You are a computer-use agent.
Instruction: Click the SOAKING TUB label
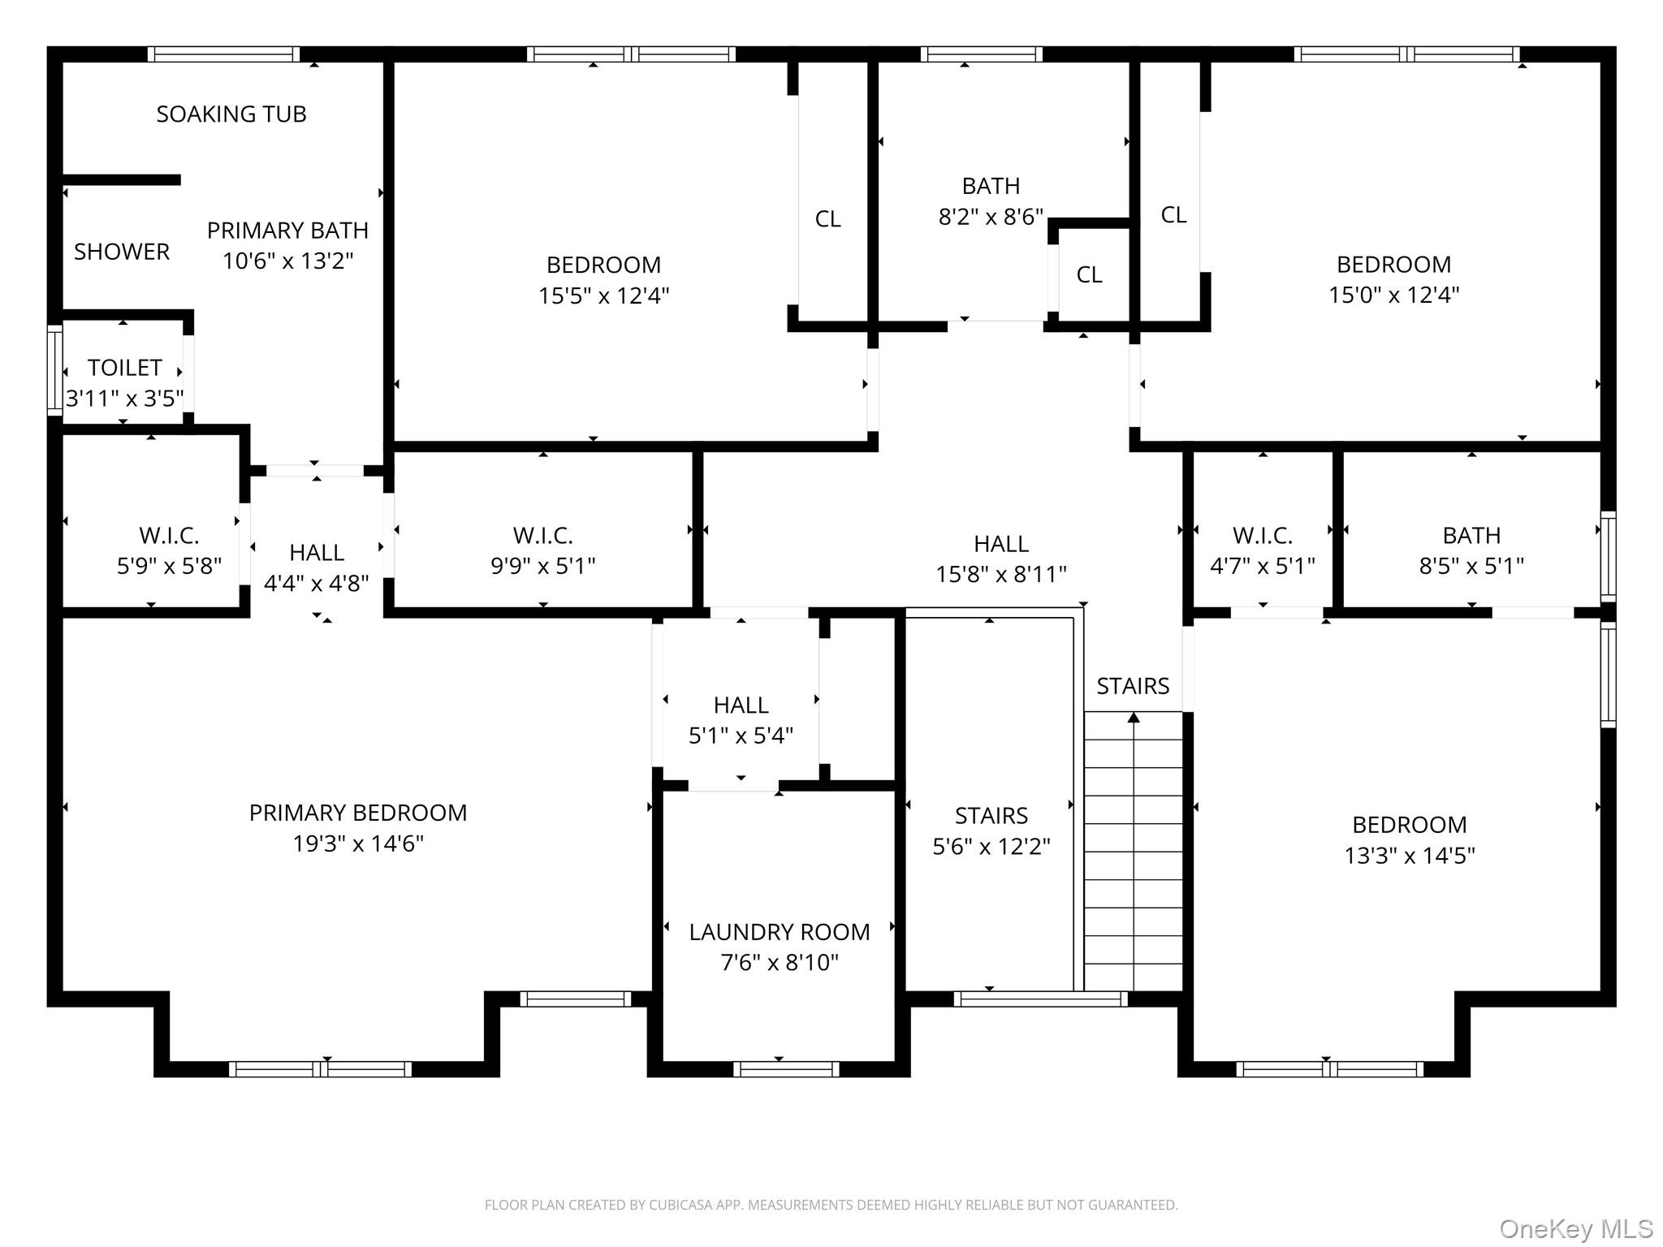click(231, 114)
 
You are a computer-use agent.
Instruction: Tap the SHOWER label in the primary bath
click(122, 252)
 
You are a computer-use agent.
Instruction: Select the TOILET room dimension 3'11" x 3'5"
click(125, 399)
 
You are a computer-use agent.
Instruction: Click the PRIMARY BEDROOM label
click(358, 813)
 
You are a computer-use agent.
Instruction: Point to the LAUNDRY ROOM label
click(779, 932)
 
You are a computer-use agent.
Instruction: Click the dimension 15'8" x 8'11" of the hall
click(1000, 575)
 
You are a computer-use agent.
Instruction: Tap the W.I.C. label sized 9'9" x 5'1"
click(542, 536)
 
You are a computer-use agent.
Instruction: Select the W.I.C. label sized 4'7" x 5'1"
click(1262, 536)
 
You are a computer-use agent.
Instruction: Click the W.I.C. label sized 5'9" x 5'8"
click(169, 536)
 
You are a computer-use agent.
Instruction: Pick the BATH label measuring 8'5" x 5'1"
click(1471, 536)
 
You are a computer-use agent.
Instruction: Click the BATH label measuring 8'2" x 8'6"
click(991, 186)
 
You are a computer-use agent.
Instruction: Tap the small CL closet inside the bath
click(1089, 275)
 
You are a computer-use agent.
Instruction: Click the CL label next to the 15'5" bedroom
click(827, 219)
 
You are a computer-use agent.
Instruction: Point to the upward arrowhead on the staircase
click(1134, 717)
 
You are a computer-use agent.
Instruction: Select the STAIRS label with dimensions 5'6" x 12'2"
click(991, 816)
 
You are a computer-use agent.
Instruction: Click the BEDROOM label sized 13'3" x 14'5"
click(1409, 825)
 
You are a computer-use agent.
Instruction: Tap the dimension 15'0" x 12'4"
click(1393, 295)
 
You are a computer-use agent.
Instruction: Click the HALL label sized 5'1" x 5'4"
click(741, 705)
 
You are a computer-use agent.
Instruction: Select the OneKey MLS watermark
click(1575, 1229)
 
